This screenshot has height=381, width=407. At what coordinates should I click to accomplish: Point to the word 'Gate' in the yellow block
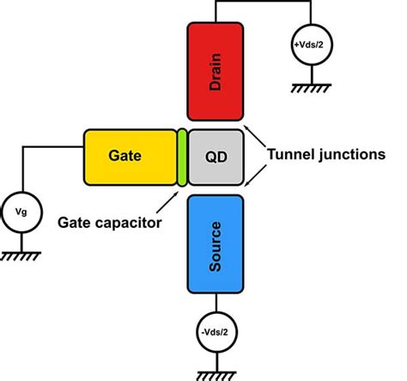126,156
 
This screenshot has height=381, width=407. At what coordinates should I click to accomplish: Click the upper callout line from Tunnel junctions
255,137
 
